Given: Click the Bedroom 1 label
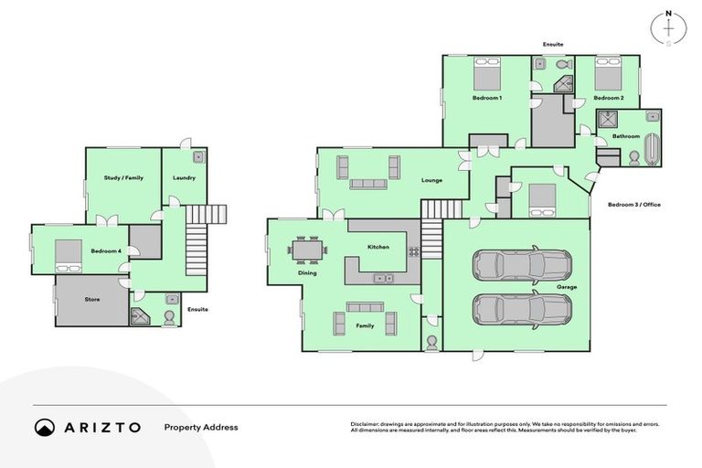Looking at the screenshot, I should click(x=486, y=97).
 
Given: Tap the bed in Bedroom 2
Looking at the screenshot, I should click(x=608, y=73).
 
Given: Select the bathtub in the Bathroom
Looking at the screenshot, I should click(x=651, y=149).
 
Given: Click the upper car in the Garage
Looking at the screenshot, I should click(x=521, y=265).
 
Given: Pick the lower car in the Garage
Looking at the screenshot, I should click(x=521, y=309).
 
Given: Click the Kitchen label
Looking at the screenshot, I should click(x=378, y=248).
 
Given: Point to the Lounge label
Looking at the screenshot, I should click(x=431, y=180).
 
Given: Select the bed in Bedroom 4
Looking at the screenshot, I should click(x=69, y=257).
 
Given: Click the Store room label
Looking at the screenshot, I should click(x=92, y=299).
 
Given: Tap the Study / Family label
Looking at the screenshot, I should click(x=123, y=177).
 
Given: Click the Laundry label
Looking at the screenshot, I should click(x=184, y=177).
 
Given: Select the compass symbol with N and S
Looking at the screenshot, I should click(x=668, y=28).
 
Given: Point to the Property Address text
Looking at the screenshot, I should click(x=200, y=427).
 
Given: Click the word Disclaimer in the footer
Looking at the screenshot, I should click(x=365, y=424).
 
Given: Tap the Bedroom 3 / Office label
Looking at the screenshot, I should click(x=633, y=205).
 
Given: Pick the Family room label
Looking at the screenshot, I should click(x=365, y=325).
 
